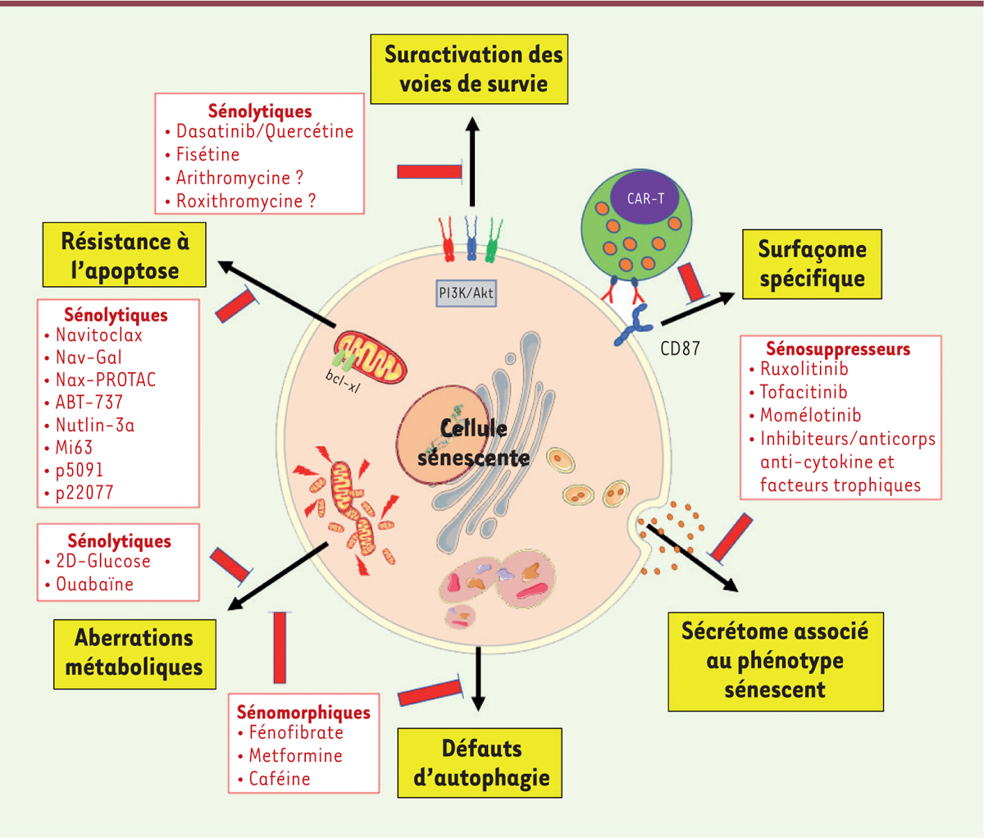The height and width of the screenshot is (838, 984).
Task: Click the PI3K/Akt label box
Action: point(465,294)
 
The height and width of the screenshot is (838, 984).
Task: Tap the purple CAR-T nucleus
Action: point(645,198)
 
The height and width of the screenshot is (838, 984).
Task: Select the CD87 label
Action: point(680,348)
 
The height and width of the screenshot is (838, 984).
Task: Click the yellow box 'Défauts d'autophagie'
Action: point(481,763)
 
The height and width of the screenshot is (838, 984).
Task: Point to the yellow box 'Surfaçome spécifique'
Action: point(812,263)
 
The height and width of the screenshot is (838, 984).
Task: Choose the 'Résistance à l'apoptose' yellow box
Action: point(125,256)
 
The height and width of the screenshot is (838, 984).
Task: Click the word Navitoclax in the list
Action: point(98,335)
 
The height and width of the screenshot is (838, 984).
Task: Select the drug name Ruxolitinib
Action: point(804,369)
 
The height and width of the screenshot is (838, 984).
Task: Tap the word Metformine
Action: point(295,755)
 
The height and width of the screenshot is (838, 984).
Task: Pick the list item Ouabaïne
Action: point(94,584)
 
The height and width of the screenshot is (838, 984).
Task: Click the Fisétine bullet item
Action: point(207,154)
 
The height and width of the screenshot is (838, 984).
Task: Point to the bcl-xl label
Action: point(344,379)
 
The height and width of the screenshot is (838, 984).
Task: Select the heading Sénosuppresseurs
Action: point(837,348)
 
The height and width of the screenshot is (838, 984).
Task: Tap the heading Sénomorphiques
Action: point(303,712)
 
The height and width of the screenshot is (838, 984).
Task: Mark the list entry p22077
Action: point(84,493)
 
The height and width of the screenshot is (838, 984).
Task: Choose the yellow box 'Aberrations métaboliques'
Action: point(134,653)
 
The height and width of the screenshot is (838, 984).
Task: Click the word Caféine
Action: point(280,778)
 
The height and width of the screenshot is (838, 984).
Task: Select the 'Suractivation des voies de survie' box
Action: point(473,69)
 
